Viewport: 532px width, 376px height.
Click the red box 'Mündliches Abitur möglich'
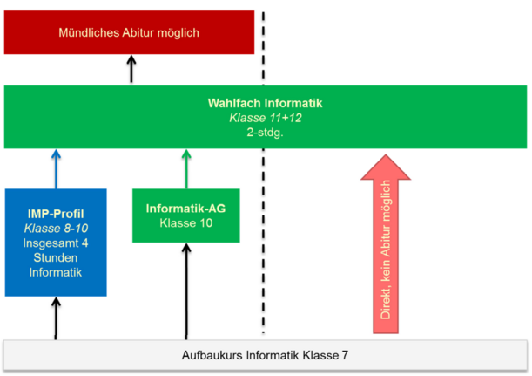pyautogui.click(x=129, y=33)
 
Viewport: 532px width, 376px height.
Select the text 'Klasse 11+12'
pyautogui.click(x=265, y=118)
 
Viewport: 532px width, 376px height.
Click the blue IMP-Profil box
pyautogui.click(x=56, y=243)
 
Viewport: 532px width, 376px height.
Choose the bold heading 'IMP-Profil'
pyautogui.click(x=56, y=214)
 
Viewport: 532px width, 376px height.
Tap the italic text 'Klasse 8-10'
pyautogui.click(x=56, y=229)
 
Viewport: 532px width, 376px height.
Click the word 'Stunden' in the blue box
pyautogui.click(x=56, y=258)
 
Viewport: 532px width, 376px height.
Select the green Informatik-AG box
pyautogui.click(x=185, y=215)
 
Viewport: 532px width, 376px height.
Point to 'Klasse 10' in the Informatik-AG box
pyautogui.click(x=185, y=223)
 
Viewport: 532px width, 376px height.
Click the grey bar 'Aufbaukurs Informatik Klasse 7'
pyautogui.click(x=265, y=356)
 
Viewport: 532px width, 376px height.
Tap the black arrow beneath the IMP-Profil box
pyautogui.click(x=56, y=318)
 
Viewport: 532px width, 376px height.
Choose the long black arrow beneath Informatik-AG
pyautogui.click(x=185, y=292)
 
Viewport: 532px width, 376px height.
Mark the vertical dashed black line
pyautogui.click(x=264, y=218)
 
